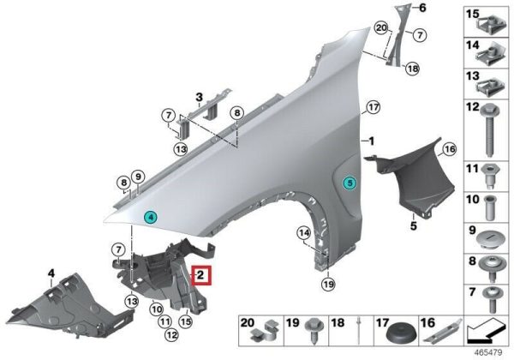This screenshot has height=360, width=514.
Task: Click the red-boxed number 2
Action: pyautogui.click(x=200, y=274)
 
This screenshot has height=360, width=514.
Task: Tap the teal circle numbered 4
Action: pyautogui.click(x=151, y=217)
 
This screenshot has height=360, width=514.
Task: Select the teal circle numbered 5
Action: pyautogui.click(x=350, y=183)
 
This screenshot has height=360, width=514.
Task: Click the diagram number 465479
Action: pyautogui.click(x=488, y=353)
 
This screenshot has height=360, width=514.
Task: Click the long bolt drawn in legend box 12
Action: pyautogui.click(x=490, y=130)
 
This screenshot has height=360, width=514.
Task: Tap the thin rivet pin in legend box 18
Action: pyautogui.click(x=359, y=330)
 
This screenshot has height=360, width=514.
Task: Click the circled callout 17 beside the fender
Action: pyautogui.click(x=374, y=107)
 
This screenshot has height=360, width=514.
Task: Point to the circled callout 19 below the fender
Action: pyautogui.click(x=328, y=284)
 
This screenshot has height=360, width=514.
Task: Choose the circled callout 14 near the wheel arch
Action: pyautogui.click(x=303, y=233)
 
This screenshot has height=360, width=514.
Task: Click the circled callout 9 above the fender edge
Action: pyautogui.click(x=138, y=177)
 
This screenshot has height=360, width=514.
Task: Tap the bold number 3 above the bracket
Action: pyautogui.click(x=199, y=98)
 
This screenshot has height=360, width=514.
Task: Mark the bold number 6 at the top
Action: pyautogui.click(x=422, y=8)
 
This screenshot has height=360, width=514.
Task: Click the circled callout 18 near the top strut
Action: pyautogui.click(x=412, y=69)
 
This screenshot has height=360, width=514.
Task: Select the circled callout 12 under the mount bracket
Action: pyautogui.click(x=172, y=335)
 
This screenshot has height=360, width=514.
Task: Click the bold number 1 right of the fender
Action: pyautogui.click(x=371, y=141)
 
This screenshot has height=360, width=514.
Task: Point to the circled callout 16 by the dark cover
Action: pyautogui.click(x=449, y=149)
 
